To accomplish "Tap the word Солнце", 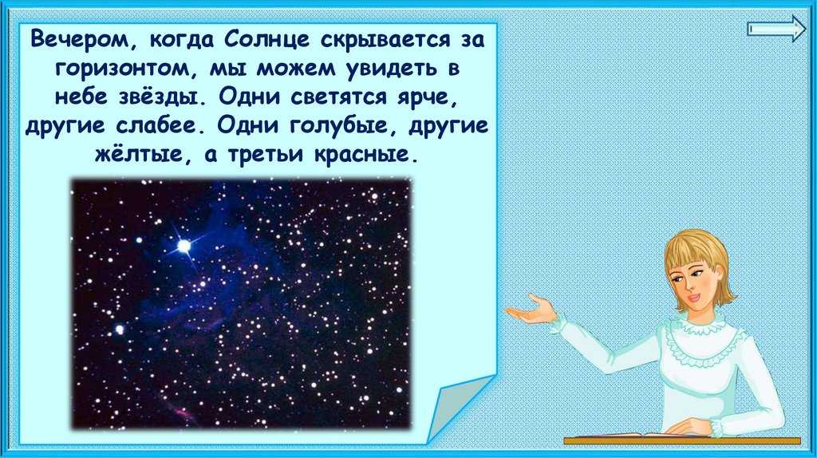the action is pyautogui.click(x=267, y=40).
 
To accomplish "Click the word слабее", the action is pyautogui.click(x=156, y=125).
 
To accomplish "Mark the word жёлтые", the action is pyautogui.click(x=139, y=155).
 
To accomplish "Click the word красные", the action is pyautogui.click(x=365, y=156).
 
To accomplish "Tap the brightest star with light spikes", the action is pyautogui.click(x=184, y=245).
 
